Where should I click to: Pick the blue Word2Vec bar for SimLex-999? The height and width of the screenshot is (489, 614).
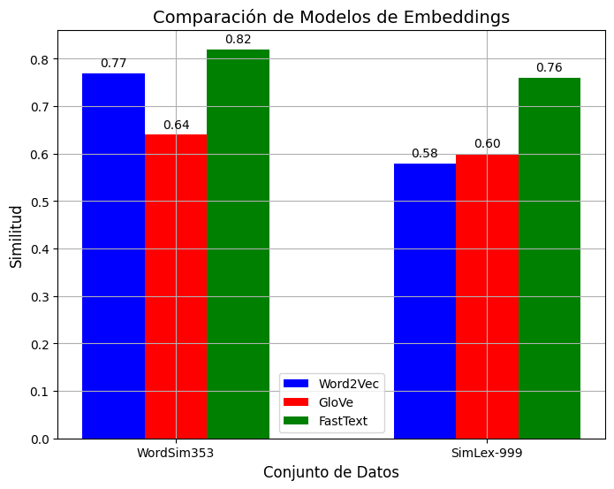point(424,301)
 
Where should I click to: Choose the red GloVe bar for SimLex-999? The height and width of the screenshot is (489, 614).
point(487,296)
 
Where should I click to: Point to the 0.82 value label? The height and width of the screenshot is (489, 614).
point(238,39)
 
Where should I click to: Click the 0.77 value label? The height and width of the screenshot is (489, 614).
point(113,63)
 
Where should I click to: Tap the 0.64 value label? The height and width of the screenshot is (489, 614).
point(176,125)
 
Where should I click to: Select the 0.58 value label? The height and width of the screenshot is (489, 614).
point(424,153)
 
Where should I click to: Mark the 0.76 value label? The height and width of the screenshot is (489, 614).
point(549,68)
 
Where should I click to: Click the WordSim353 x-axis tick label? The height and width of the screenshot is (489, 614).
point(175,452)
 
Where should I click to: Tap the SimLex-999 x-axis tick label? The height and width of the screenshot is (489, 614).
point(487,452)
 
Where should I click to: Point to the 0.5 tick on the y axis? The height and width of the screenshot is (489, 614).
point(42,202)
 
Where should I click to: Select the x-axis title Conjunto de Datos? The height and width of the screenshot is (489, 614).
point(331,472)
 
